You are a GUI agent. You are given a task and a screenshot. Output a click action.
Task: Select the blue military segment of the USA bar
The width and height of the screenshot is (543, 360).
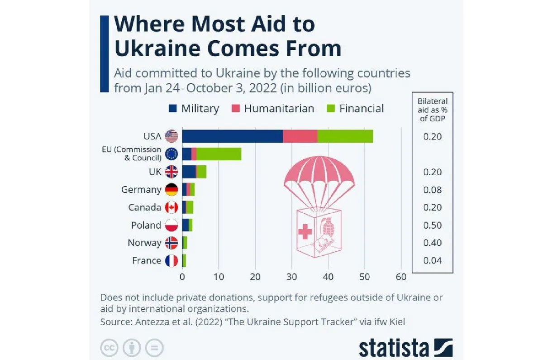tap(233, 136)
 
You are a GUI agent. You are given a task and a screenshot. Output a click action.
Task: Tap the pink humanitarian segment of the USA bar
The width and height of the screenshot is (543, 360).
tap(300, 136)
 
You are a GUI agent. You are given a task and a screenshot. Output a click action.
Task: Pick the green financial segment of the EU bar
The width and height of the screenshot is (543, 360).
tap(219, 154)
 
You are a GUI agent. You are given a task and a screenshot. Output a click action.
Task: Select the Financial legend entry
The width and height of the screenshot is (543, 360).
tap(355, 109)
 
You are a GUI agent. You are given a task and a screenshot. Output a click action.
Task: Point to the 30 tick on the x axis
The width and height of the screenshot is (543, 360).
tap(292, 277)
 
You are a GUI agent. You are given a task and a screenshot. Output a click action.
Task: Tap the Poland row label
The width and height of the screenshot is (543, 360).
tap(146, 225)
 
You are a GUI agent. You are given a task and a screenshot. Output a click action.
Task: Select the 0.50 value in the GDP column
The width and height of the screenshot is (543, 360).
tap(433, 225)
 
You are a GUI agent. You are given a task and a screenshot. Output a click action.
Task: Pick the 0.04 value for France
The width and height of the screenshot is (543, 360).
tap(433, 260)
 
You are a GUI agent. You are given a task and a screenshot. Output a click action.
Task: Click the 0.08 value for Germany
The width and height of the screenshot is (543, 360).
tap(433, 190)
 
